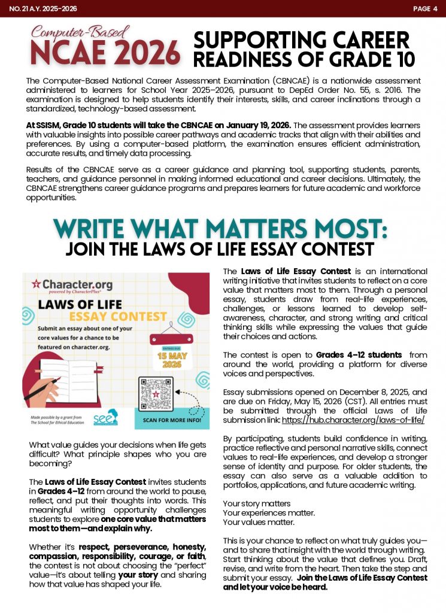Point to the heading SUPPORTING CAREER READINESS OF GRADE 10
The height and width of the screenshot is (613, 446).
(x=304, y=49)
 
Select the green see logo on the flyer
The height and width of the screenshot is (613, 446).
(x=106, y=417)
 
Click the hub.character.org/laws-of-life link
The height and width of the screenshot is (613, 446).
(x=354, y=420)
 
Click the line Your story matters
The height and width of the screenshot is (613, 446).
(x=257, y=503)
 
